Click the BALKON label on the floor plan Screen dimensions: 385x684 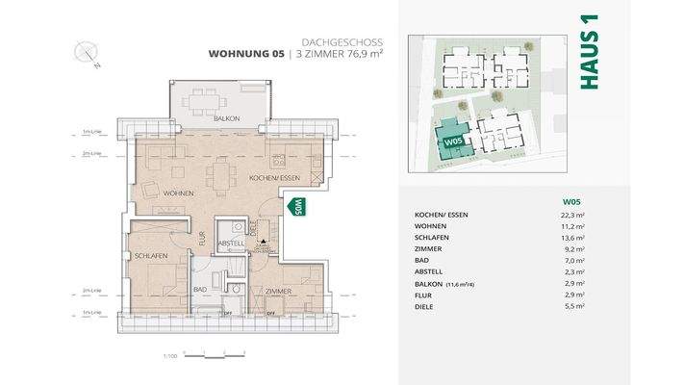pyautogui.click(x=227, y=118)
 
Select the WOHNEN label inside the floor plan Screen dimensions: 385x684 pyautogui.click(x=178, y=193)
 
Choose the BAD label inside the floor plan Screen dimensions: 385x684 pyautogui.click(x=200, y=289)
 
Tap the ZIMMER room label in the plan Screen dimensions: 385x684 pyautogui.click(x=279, y=291)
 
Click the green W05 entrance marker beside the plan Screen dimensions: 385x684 pyautogui.click(x=298, y=205)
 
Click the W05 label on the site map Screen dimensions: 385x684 pyautogui.click(x=453, y=141)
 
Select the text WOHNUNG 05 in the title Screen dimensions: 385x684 pyautogui.click(x=246, y=55)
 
